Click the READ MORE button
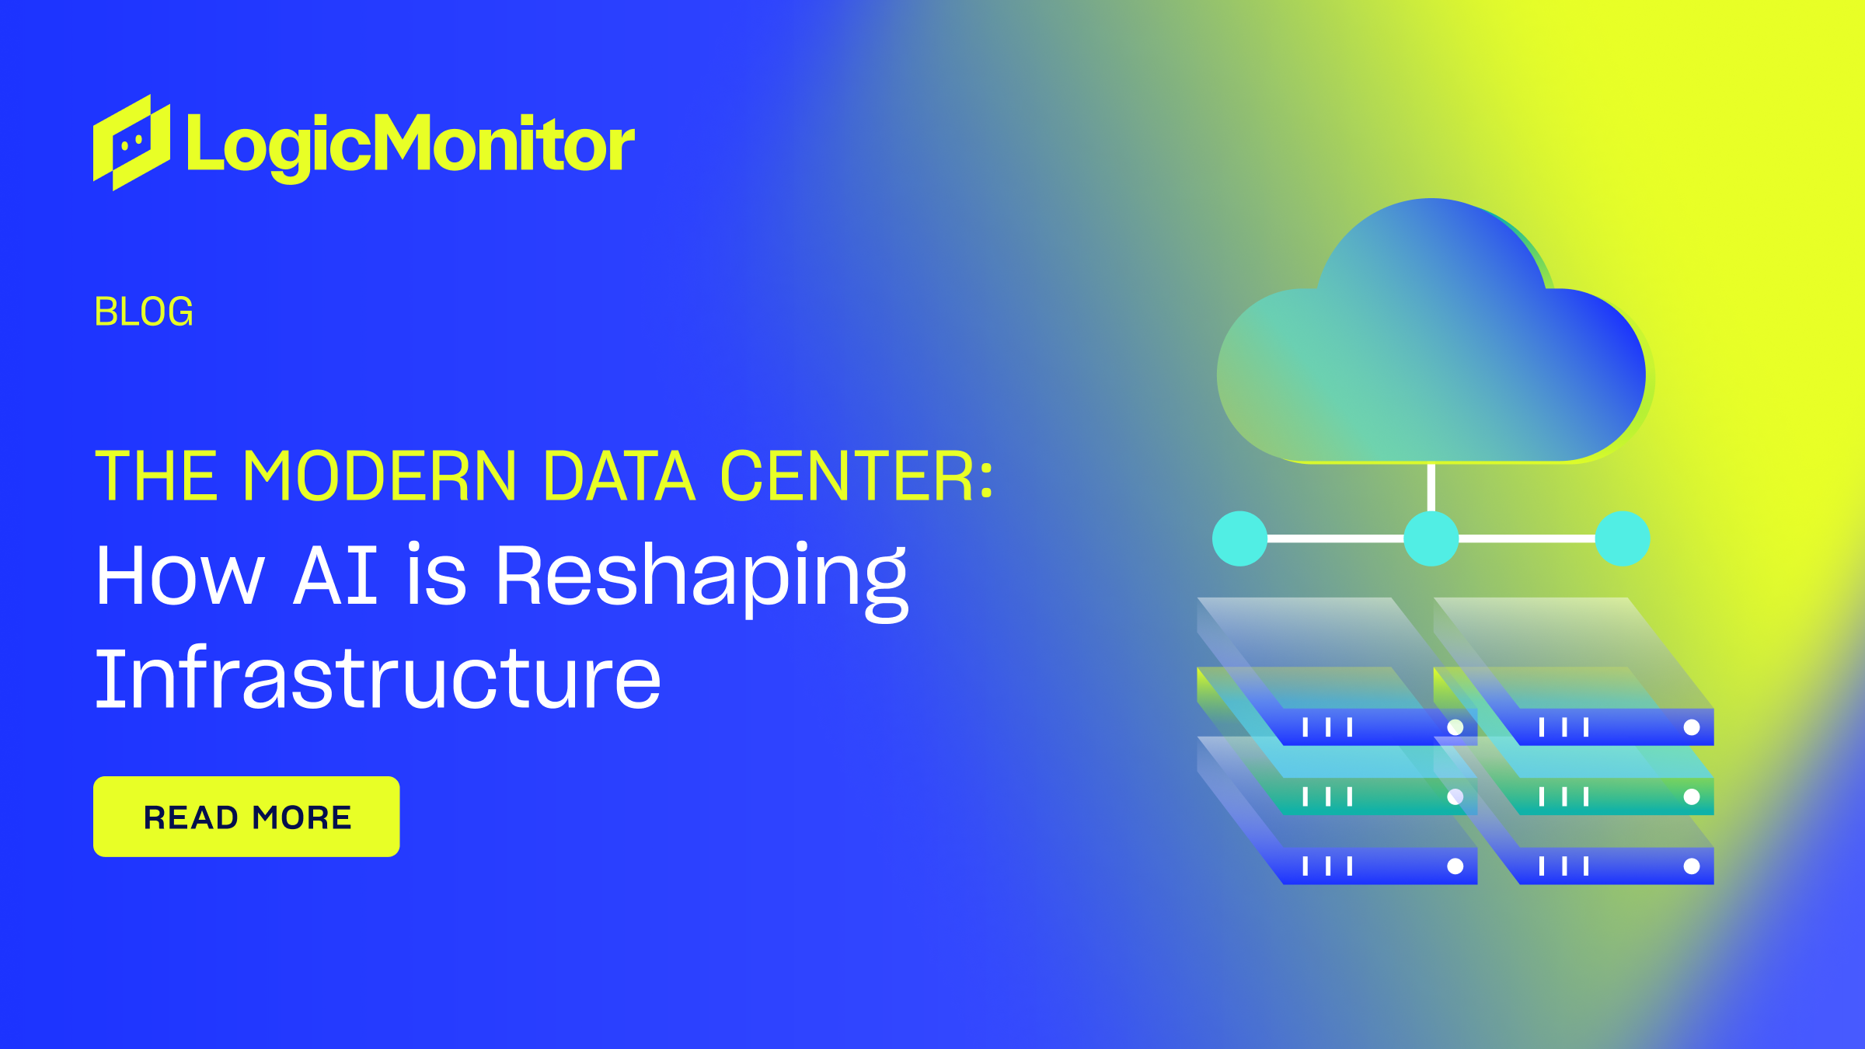(x=246, y=817)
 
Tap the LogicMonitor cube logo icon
(x=131, y=143)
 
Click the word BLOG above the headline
(x=144, y=312)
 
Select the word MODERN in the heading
(x=379, y=476)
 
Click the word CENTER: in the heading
(x=857, y=476)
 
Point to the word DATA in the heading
(x=619, y=476)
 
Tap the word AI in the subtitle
(x=336, y=576)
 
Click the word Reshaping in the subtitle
(x=701, y=579)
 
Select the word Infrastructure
(x=378, y=678)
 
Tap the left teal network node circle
(x=1240, y=538)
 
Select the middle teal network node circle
(x=1431, y=538)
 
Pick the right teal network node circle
(x=1623, y=538)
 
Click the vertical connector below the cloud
(x=1431, y=487)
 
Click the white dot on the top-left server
(x=1455, y=727)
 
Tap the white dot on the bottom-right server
(x=1692, y=866)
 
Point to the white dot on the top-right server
(x=1692, y=727)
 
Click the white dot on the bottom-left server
(x=1455, y=866)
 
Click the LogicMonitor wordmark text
(x=410, y=145)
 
